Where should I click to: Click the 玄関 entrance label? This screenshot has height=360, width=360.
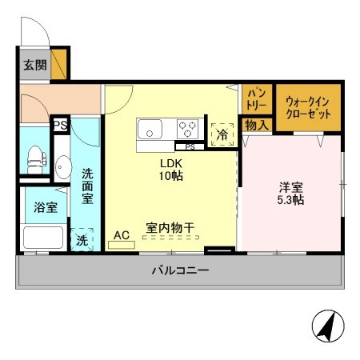(x=34, y=65)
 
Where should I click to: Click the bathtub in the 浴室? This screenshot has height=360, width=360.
(x=42, y=237)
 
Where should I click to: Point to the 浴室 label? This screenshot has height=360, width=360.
(x=45, y=207)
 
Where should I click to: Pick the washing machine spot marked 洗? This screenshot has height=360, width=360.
(x=82, y=239)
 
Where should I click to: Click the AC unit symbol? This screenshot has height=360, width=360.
(x=122, y=241)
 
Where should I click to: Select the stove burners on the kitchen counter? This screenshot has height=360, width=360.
(x=189, y=128)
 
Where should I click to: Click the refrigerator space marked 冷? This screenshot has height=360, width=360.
(x=221, y=133)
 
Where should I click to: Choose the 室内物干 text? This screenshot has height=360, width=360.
(x=169, y=227)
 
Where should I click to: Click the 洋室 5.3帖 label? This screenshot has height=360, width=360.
(x=290, y=194)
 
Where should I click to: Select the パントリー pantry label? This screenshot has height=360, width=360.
(x=256, y=100)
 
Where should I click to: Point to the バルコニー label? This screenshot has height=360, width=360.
(x=180, y=271)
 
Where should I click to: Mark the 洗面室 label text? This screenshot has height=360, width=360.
(x=87, y=185)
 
